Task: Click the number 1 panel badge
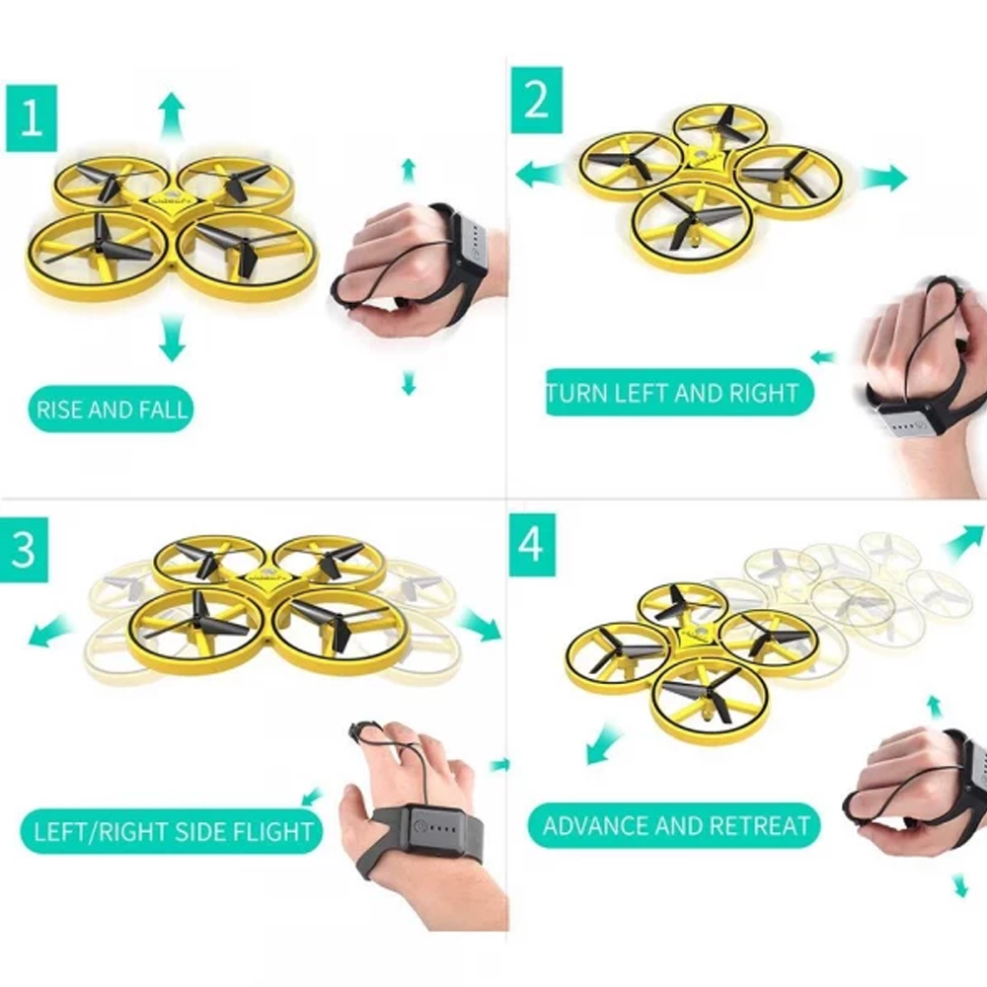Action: pos(31,117)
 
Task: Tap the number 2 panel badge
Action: pos(536,100)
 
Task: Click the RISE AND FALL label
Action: pos(110,408)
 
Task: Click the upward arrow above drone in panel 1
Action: pos(172,112)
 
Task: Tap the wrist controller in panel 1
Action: pos(467,240)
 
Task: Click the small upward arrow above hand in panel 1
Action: pos(409,169)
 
